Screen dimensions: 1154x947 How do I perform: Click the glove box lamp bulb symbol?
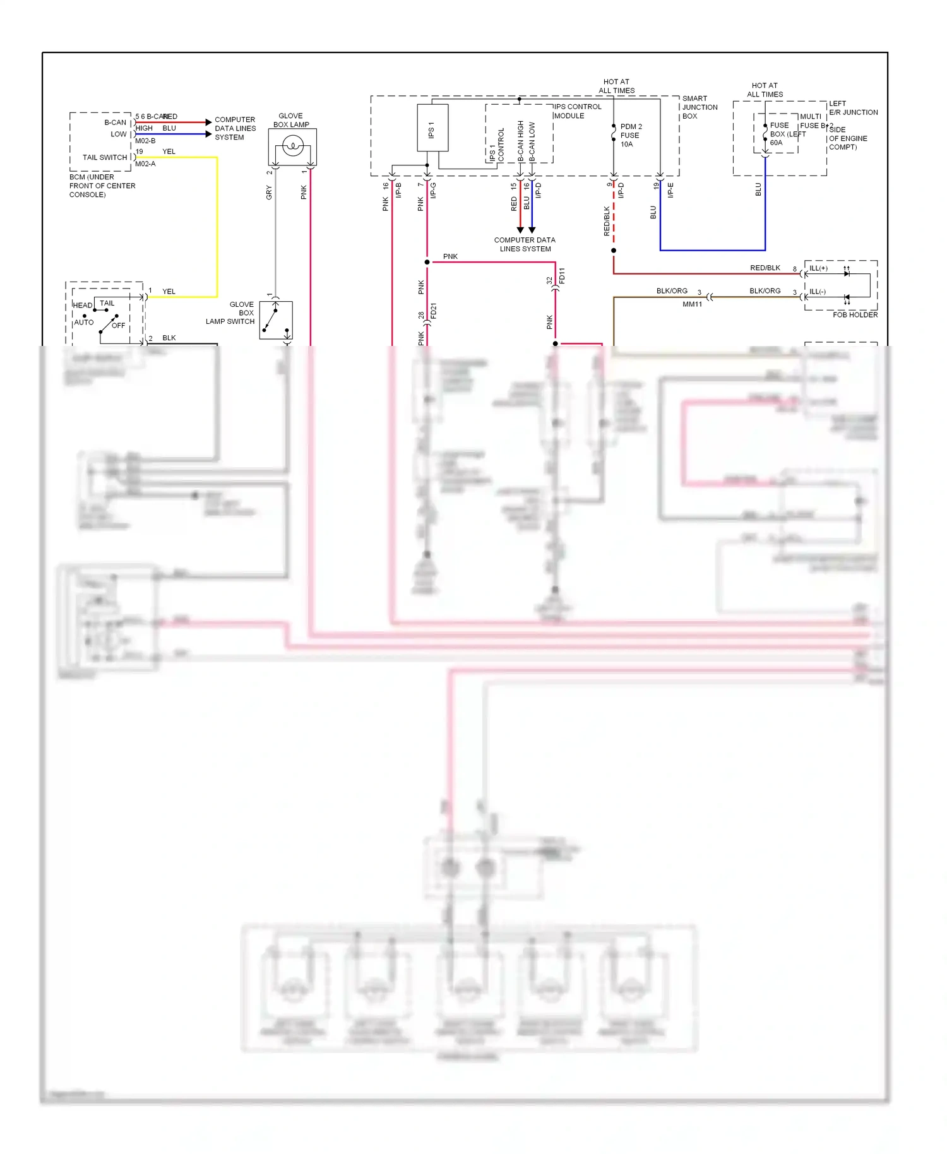point(292,147)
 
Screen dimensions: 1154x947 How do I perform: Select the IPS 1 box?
point(432,128)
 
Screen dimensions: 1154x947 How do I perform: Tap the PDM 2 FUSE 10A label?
point(631,136)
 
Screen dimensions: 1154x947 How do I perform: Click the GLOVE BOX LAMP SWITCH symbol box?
point(276,320)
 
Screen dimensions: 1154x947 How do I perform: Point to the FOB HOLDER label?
point(855,315)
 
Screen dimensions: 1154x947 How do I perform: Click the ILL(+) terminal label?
point(818,268)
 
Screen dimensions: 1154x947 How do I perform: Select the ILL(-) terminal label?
point(818,292)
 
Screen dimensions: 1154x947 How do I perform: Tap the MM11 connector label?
point(692,304)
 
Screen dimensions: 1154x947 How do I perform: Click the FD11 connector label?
point(562,275)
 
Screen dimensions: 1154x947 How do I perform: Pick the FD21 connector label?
point(434,311)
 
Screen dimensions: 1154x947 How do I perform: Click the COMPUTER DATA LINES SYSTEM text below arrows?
point(525,244)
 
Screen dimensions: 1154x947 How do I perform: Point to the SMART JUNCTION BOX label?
point(700,107)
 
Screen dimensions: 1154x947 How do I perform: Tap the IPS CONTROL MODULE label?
point(578,111)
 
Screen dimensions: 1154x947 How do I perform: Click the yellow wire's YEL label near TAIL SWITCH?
point(169,152)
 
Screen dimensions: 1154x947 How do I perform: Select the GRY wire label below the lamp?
point(269,193)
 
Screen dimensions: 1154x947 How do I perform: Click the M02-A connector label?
point(145,164)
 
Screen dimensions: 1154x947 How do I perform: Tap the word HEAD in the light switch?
point(83,306)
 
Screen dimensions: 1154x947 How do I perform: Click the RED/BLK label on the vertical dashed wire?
point(607,221)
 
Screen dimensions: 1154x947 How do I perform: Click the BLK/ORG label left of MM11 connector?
point(672,291)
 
